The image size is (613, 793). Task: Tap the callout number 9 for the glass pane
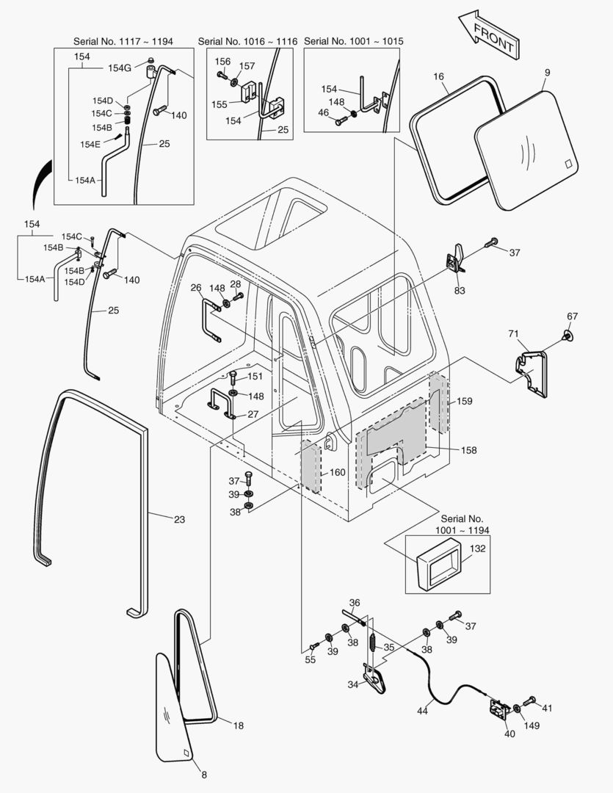click(x=547, y=73)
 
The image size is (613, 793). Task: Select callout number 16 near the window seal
click(x=439, y=77)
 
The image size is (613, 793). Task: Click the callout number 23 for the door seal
click(x=179, y=519)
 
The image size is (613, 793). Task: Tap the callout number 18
click(x=238, y=725)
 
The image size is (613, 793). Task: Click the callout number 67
click(x=572, y=316)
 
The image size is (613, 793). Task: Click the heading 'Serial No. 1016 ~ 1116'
click(x=247, y=42)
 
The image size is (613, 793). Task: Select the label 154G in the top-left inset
click(x=119, y=68)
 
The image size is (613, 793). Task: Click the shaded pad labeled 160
click(x=311, y=467)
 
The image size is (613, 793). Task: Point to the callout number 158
click(x=468, y=449)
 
